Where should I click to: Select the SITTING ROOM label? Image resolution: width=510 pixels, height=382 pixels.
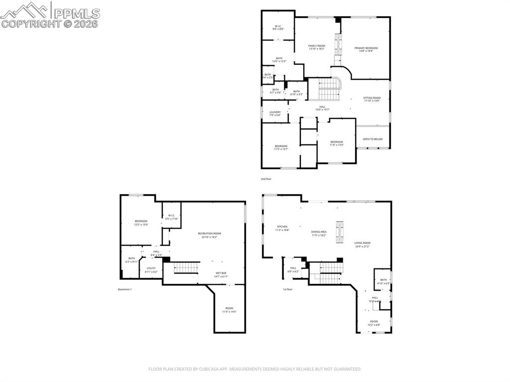pos(372,99)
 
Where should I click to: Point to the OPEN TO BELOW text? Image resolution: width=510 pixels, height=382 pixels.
pos(373,139)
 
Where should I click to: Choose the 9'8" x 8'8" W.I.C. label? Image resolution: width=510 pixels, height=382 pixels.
pos(278,28)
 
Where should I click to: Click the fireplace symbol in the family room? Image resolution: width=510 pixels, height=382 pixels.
pos(338,45)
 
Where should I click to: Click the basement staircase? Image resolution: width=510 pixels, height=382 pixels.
pos(187,268)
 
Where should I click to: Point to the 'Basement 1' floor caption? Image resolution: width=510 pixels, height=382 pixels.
pos(125,289)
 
